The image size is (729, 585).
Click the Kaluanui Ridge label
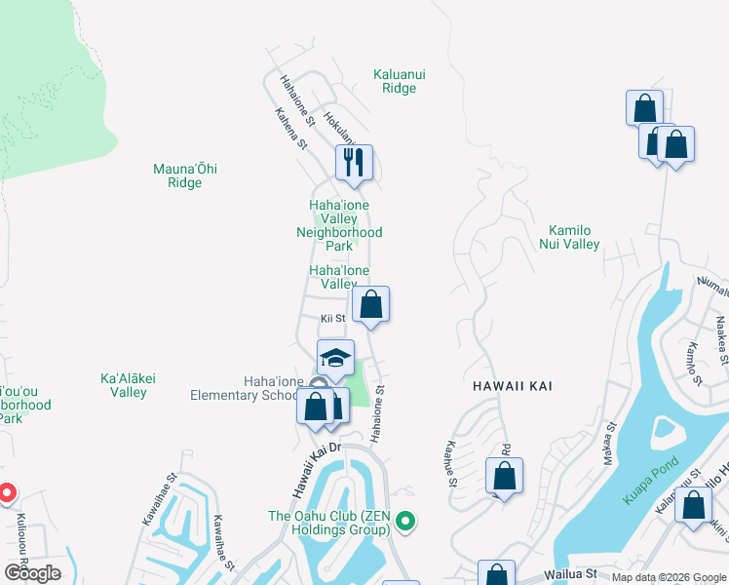(x=395, y=80)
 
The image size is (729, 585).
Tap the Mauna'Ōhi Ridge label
(x=185, y=175)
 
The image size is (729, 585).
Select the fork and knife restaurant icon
(x=354, y=162)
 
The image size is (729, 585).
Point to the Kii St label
(x=333, y=318)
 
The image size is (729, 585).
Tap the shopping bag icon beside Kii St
(x=370, y=304)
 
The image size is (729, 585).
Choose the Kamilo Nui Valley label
(x=570, y=237)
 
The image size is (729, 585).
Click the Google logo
(x=32, y=573)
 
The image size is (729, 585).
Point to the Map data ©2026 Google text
(x=669, y=577)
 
